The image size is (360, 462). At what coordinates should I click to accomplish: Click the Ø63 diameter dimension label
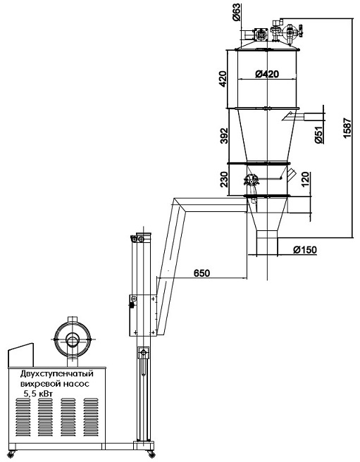click(237, 13)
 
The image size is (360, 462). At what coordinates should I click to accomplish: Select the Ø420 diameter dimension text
click(267, 74)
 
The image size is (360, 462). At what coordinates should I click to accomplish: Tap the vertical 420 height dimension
click(223, 79)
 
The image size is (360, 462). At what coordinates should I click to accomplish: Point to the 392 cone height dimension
click(224, 135)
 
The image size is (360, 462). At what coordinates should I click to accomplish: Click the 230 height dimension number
click(224, 179)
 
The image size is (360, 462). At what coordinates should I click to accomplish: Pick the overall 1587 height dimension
click(347, 128)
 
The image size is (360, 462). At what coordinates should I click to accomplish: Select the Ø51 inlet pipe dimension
click(318, 135)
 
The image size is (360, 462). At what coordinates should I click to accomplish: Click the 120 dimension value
click(306, 180)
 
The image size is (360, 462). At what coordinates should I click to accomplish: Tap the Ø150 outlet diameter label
click(305, 250)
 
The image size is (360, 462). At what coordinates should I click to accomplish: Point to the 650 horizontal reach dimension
click(202, 273)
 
